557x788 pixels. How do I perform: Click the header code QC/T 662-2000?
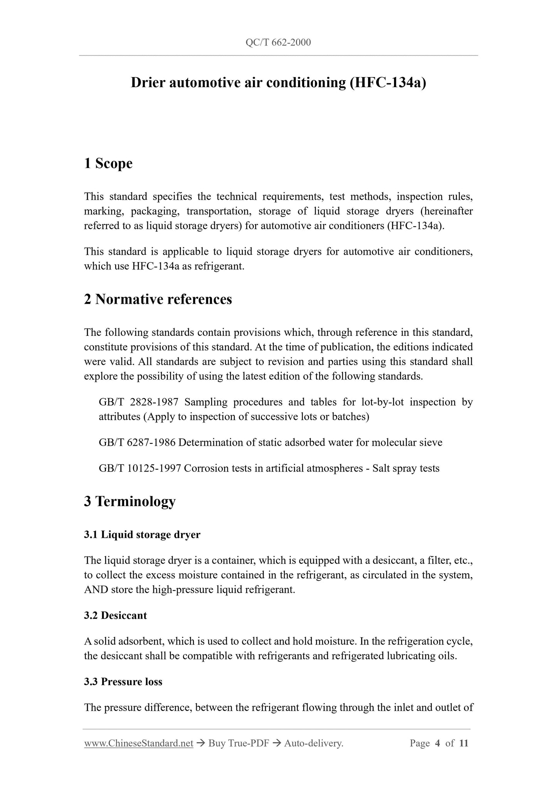(x=278, y=42)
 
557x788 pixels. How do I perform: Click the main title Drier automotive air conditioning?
(x=278, y=83)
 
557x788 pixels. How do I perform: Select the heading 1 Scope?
(x=108, y=163)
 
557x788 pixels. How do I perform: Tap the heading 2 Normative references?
(x=158, y=300)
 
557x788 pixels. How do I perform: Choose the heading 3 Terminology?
(x=130, y=502)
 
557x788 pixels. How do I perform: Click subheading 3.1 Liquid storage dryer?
(x=142, y=535)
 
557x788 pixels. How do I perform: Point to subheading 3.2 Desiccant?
(x=116, y=616)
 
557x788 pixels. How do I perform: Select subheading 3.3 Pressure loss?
(x=123, y=682)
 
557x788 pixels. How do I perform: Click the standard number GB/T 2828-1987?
(x=138, y=402)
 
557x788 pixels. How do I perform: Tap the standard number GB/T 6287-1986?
(x=137, y=443)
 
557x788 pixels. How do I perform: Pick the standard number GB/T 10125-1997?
(x=140, y=469)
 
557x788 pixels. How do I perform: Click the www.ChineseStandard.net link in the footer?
(x=138, y=744)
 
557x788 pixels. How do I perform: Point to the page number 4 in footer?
(x=437, y=744)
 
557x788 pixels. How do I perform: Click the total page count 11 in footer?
(x=464, y=744)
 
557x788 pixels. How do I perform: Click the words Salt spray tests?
(x=406, y=469)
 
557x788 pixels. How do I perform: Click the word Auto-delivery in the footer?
(x=313, y=744)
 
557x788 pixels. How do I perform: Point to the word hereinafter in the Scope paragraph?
(x=447, y=212)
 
